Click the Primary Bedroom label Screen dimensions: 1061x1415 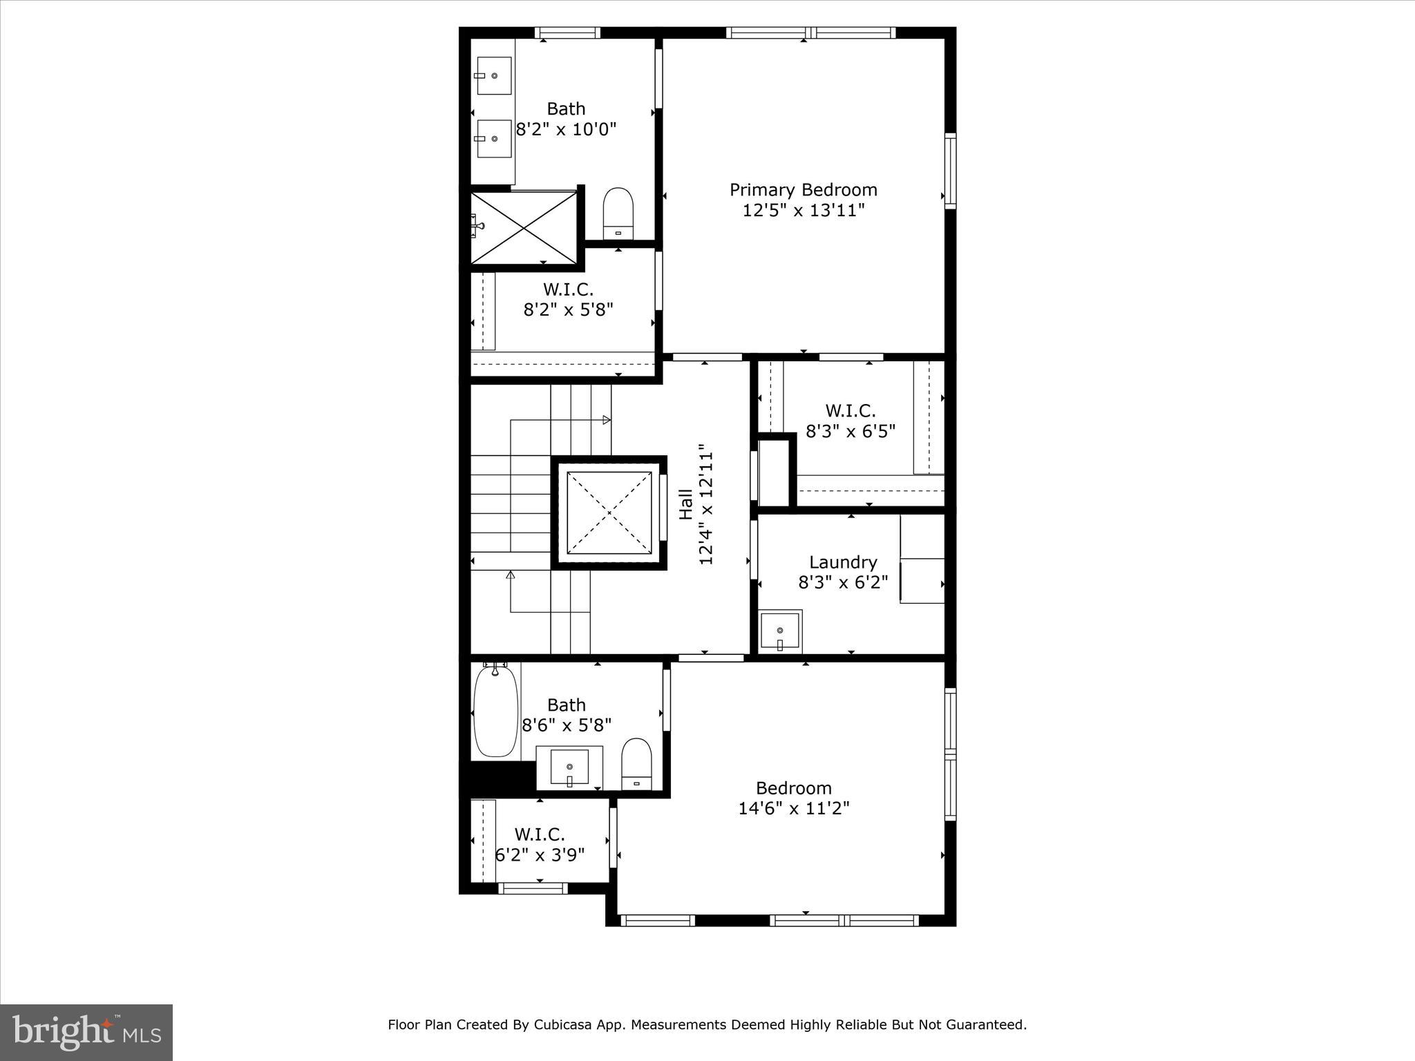803,190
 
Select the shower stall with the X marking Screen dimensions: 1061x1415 524,227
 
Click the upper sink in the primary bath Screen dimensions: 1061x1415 494,76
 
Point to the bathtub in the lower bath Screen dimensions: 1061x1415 495,711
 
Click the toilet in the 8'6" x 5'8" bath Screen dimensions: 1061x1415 636,763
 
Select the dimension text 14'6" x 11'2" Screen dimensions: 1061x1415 793,808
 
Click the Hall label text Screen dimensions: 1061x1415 685,504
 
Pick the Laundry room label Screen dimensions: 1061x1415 843,562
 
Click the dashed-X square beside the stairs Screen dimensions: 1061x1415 609,513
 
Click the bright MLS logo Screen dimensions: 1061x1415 86,1032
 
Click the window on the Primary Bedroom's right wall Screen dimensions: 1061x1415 951,171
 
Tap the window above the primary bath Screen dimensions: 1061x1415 567,32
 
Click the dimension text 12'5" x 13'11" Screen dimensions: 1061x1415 803,211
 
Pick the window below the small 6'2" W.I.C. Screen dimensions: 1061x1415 532,888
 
